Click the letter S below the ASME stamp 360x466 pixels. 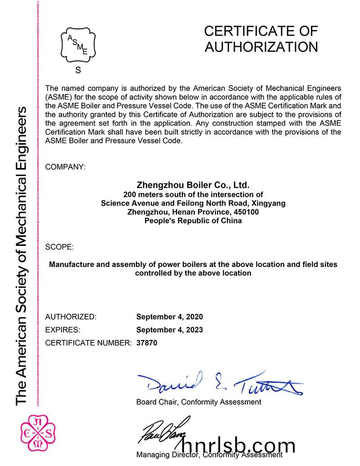coord(78,70)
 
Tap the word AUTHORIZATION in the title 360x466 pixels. coord(261,47)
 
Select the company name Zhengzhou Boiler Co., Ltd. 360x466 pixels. coord(193,185)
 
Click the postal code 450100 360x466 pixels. coord(243,212)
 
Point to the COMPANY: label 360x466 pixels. coord(65,167)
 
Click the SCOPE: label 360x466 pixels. coord(59,247)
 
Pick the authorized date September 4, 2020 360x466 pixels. coord(170,317)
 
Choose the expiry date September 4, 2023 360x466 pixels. coord(170,330)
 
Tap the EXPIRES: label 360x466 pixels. coord(63,330)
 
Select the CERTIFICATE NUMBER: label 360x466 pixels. coord(89,343)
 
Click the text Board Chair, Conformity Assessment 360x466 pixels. coord(198,402)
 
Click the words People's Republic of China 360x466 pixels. coord(193,221)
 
